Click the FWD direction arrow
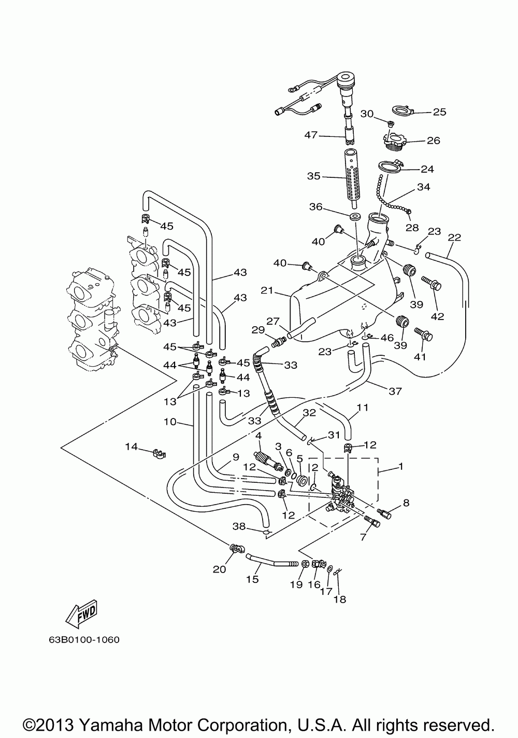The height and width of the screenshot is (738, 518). pyautogui.click(x=81, y=614)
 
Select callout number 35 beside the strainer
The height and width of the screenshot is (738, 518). pyautogui.click(x=314, y=176)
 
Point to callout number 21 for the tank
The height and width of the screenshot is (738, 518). pyautogui.click(x=267, y=291)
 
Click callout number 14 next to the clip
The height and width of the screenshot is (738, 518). pyautogui.click(x=132, y=446)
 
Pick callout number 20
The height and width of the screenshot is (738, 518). pyautogui.click(x=220, y=569)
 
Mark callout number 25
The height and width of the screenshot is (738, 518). pyautogui.click(x=439, y=112)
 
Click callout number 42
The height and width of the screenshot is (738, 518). pyautogui.click(x=438, y=316)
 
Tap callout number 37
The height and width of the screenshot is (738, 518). pyautogui.click(x=395, y=391)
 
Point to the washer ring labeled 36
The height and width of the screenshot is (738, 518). pyautogui.click(x=355, y=216)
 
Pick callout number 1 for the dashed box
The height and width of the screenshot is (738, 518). pyautogui.click(x=400, y=467)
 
